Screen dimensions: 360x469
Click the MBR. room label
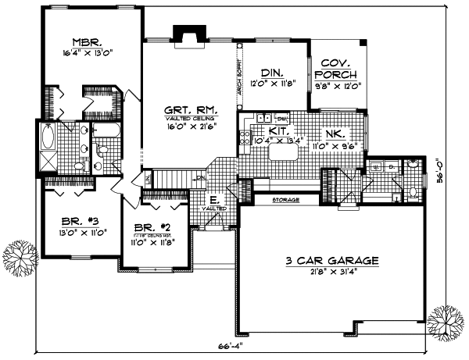pos(85,43)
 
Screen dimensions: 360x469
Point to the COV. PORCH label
pos(338,68)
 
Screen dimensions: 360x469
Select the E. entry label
pos(213,200)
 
